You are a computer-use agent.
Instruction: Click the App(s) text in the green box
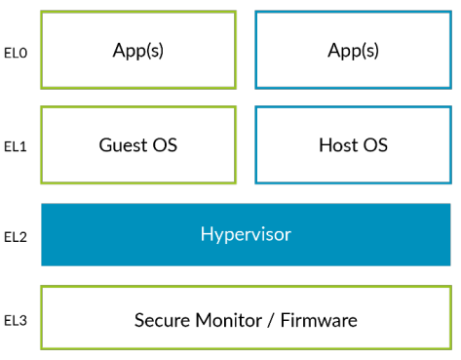137,50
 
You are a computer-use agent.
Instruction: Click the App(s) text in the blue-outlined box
353,50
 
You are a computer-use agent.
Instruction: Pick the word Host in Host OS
337,145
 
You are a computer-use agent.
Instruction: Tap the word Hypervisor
246,234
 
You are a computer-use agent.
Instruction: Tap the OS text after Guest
165,145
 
